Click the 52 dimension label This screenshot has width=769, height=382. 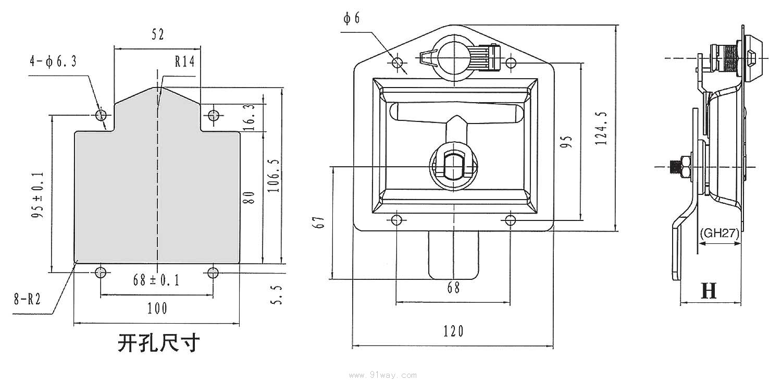[158, 35]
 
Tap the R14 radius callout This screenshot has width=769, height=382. [184, 63]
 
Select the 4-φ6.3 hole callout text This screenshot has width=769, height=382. [53, 62]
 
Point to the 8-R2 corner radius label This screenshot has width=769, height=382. [27, 299]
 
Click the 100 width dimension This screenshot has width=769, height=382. [157, 309]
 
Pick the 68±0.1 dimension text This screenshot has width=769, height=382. [156, 280]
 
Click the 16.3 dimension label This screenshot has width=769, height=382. [249, 116]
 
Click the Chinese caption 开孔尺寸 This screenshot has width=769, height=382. [159, 343]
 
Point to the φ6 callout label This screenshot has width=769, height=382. [352, 19]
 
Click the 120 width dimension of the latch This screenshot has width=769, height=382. [453, 331]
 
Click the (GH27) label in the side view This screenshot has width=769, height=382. [720, 233]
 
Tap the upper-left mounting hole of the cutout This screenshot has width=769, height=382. [100, 115]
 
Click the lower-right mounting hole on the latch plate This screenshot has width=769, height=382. [511, 219]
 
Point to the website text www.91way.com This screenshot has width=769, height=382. [383, 375]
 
